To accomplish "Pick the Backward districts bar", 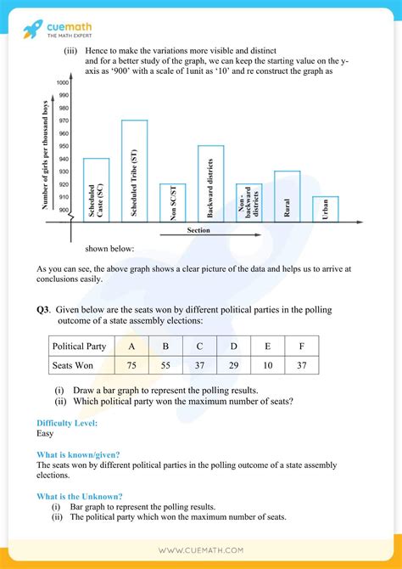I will click(210, 183).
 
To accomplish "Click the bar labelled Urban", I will click(325, 208).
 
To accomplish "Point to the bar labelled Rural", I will click(287, 195).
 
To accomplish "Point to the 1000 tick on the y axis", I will click(63, 82).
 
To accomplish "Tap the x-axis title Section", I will click(198, 230).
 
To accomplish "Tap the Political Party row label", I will click(79, 346).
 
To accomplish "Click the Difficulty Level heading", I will click(67, 423).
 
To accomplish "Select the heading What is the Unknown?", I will click(79, 496).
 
